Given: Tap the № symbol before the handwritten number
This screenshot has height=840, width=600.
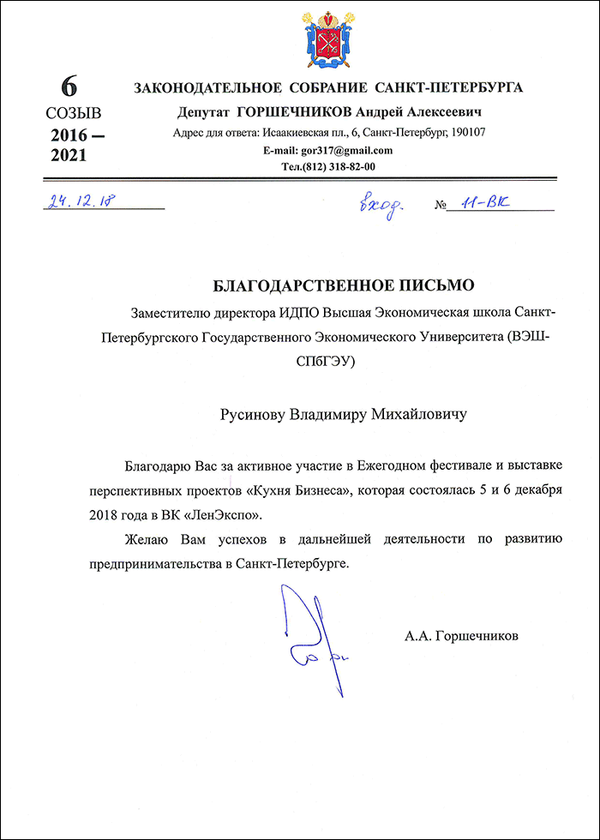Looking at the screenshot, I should (x=442, y=206).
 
